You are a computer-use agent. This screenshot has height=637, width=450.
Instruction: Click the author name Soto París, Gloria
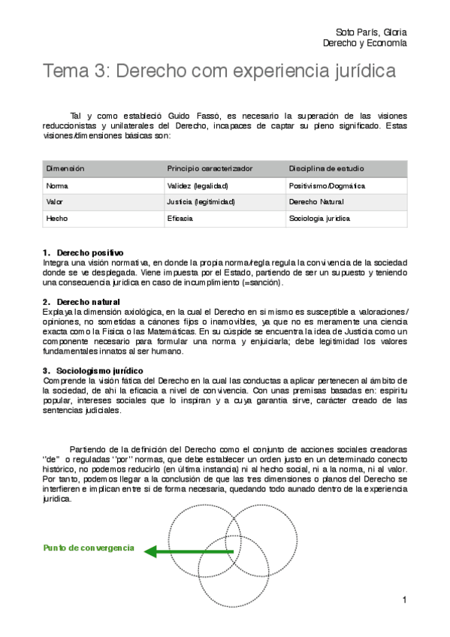[x=373, y=32]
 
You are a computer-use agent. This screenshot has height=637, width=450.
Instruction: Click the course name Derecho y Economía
[x=364, y=44]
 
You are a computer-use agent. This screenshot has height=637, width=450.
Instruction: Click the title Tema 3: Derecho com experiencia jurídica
[x=219, y=71]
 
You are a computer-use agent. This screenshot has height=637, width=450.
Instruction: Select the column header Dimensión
[x=65, y=168]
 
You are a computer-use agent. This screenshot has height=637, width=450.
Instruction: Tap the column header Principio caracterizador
[x=210, y=168]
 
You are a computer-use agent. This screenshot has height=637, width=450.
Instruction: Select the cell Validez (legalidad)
[x=198, y=186]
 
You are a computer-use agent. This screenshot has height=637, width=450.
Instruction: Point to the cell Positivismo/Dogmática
[x=327, y=186]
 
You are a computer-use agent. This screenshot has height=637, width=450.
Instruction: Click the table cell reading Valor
[x=56, y=202]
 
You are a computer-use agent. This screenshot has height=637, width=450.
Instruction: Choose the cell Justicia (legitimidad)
[x=201, y=202]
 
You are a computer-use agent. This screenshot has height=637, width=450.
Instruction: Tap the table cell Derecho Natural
[x=316, y=202]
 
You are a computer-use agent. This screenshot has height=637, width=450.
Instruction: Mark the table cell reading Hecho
[x=57, y=219]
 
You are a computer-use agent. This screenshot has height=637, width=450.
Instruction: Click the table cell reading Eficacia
[x=180, y=219]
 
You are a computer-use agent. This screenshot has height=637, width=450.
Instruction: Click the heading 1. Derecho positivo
[x=83, y=252]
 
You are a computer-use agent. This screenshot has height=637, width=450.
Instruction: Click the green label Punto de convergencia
[x=89, y=548]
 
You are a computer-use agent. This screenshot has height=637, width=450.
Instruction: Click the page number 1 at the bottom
[x=404, y=600]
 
